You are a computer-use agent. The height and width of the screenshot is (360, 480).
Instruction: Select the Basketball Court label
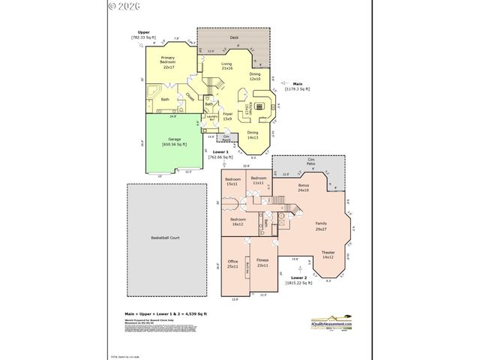[x=165, y=238]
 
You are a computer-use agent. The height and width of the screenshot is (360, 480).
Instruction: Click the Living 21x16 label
[x=226, y=67]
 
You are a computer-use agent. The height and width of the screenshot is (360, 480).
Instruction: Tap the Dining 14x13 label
[x=252, y=136]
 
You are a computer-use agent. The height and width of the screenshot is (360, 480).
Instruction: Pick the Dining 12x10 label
[x=255, y=76]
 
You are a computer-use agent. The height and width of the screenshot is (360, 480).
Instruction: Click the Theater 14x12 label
[x=328, y=254]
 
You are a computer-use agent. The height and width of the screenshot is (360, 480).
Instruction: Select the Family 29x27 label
[x=321, y=226]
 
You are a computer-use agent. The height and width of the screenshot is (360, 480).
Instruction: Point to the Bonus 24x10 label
[x=303, y=187]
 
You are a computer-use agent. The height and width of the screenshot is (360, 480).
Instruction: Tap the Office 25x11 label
[x=232, y=263]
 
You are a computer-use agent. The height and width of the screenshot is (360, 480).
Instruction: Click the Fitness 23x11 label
[x=262, y=263]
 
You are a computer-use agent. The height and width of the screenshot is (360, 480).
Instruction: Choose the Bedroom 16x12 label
[x=237, y=221]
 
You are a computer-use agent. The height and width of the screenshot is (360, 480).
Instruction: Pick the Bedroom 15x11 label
[x=232, y=182]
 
